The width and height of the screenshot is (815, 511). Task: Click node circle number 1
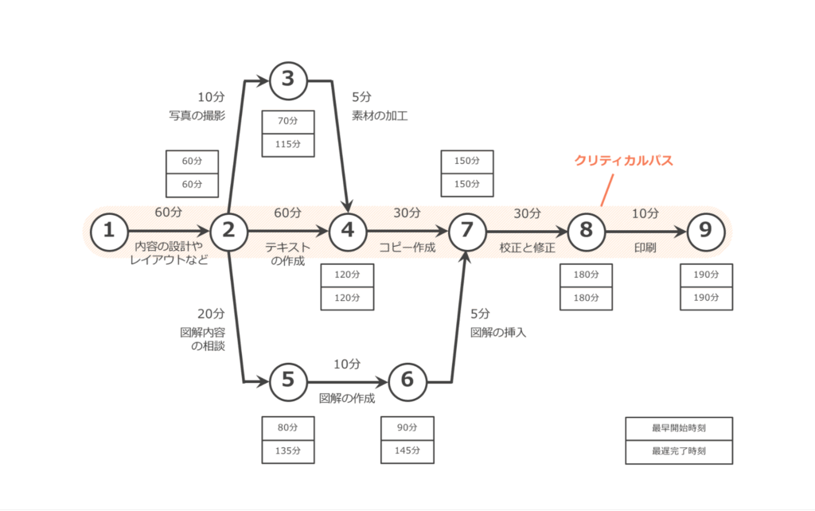[110, 231]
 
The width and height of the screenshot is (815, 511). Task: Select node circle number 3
[288, 79]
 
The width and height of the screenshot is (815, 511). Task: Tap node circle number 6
[407, 380]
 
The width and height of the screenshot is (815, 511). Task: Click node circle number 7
[467, 231]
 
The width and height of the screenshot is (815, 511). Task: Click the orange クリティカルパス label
[624, 160]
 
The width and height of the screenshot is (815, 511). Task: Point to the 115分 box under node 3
[288, 145]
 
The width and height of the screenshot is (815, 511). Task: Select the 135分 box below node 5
[288, 451]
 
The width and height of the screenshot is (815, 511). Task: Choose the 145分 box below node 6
[407, 451]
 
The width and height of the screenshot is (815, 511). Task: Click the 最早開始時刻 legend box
[679, 428]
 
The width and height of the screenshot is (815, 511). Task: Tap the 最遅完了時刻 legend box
[679, 451]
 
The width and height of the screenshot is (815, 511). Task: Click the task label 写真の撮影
[197, 116]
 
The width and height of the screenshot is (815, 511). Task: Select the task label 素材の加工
[380, 116]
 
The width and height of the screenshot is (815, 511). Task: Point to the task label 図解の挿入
[498, 332]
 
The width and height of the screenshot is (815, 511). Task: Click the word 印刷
[645, 248]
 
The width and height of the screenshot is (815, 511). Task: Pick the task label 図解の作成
[346, 397]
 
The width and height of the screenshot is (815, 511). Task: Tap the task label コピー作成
[407, 248]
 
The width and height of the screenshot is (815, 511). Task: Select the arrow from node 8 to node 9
[645, 231]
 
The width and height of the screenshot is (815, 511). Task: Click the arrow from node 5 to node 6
[348, 380]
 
